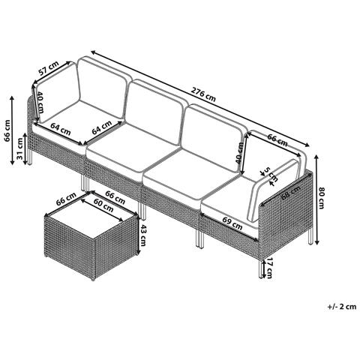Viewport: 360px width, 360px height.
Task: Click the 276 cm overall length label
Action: tap(203, 94)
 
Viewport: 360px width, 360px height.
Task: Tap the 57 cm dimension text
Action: tap(49, 68)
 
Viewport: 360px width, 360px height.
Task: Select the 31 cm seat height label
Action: tap(20, 148)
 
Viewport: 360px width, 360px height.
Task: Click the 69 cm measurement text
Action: tap(232, 223)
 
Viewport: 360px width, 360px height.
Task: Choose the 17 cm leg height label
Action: tap(268, 268)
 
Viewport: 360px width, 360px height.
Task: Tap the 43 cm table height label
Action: tap(142, 235)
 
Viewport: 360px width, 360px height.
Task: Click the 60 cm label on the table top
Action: tap(104, 205)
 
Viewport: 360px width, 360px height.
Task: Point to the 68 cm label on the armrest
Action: tap(291, 193)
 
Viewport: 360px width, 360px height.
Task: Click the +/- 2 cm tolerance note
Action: tap(342, 307)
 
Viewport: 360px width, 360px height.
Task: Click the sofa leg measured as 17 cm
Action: tap(261, 268)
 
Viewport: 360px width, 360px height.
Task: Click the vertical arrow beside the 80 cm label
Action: tap(316, 199)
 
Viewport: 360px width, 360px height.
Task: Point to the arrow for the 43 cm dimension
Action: tap(137, 235)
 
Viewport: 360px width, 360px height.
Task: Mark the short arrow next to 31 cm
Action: tap(25, 148)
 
